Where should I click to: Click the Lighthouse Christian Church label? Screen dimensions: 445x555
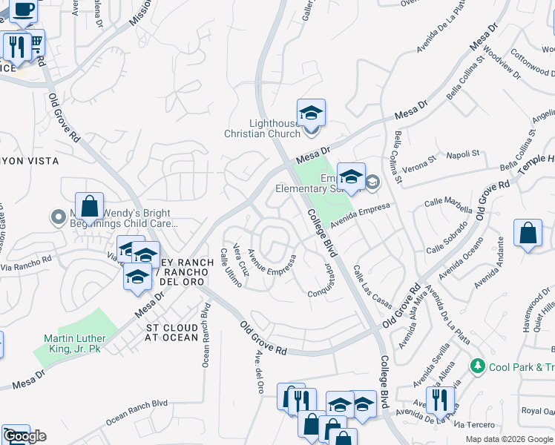tap(263, 128)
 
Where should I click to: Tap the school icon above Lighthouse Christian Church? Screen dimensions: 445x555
tap(312, 113)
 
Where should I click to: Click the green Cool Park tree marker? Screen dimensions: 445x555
tap(478, 366)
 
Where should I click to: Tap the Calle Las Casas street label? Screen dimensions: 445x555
tap(372, 288)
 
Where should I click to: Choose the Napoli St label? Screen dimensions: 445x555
tap(464, 155)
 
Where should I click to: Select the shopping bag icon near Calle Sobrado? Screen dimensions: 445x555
tap(527, 234)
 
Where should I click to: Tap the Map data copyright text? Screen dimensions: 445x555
tap(510, 439)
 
